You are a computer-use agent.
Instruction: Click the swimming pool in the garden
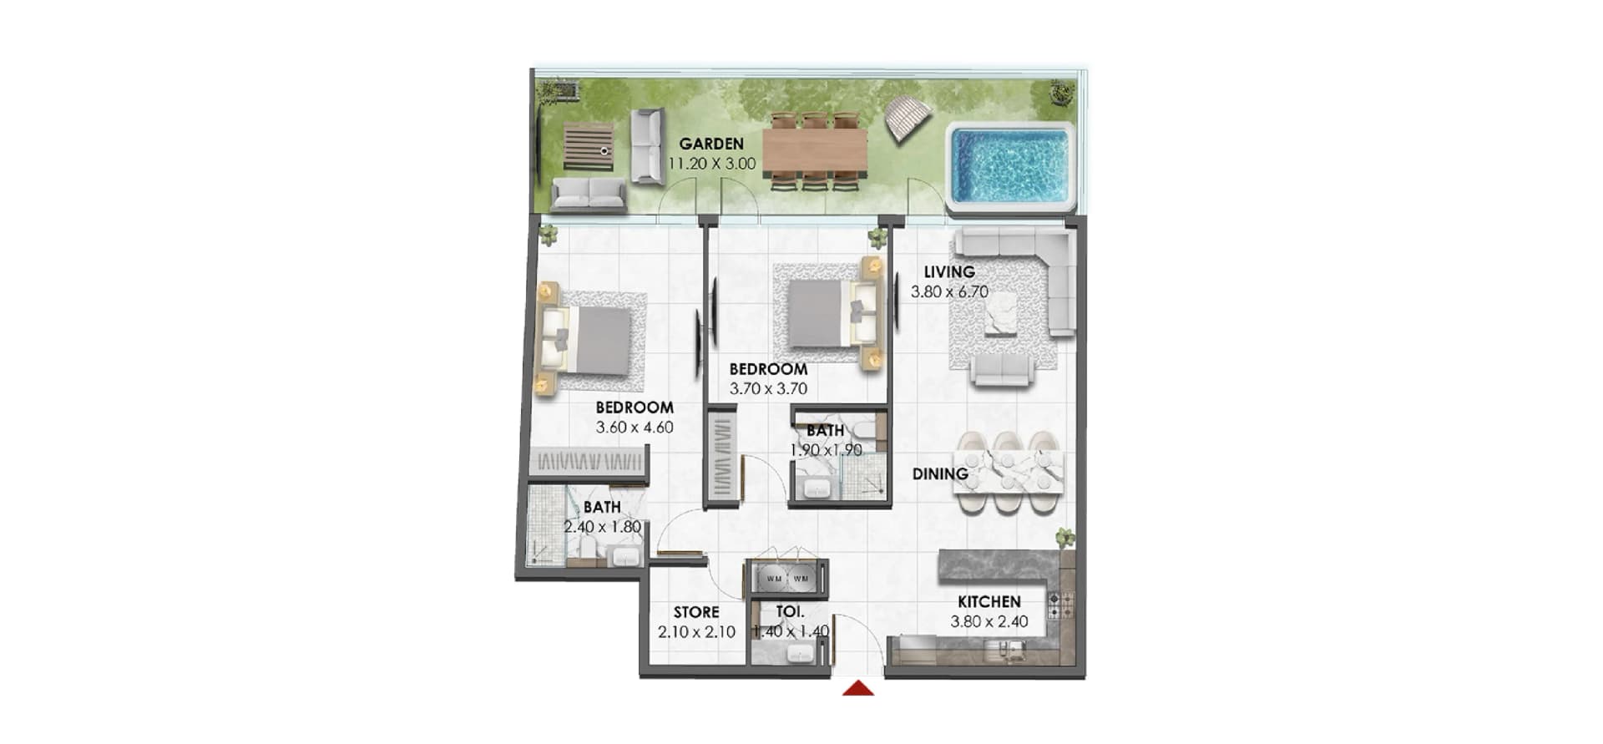pyautogui.click(x=1011, y=166)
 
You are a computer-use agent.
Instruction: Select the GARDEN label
pyautogui.click(x=711, y=144)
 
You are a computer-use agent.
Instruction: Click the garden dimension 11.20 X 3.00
pyautogui.click(x=712, y=164)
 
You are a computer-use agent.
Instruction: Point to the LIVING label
pyautogui.click(x=949, y=272)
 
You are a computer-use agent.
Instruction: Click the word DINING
pyautogui.click(x=940, y=474)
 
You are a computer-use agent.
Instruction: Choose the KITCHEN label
pyautogui.click(x=989, y=602)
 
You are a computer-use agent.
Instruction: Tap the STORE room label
pyautogui.click(x=696, y=612)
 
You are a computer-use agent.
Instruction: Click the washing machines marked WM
pyautogui.click(x=787, y=578)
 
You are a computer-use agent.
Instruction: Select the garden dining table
pyautogui.click(x=815, y=151)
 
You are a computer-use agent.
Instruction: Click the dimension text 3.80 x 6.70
pyautogui.click(x=949, y=292)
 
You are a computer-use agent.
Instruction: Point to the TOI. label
pyautogui.click(x=790, y=612)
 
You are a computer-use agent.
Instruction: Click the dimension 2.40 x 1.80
pyautogui.click(x=603, y=527)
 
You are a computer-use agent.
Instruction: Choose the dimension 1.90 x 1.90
pyautogui.click(x=827, y=450)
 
